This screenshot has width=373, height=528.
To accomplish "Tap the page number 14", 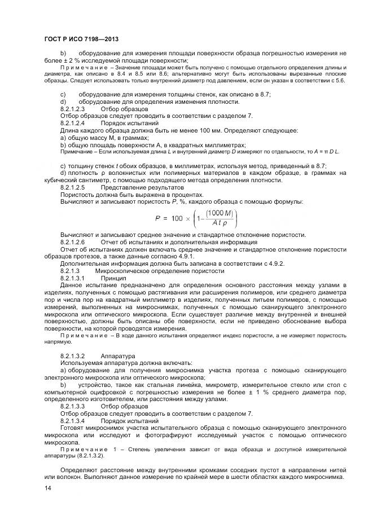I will (47, 494).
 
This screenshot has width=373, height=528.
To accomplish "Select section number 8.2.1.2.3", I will (72, 108).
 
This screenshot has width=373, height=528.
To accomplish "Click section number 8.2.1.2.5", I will (72, 187).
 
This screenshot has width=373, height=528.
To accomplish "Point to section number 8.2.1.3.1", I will (72, 278).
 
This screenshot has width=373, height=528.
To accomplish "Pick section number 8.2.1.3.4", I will (72, 421).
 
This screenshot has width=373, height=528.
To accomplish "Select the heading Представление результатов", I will (142, 187).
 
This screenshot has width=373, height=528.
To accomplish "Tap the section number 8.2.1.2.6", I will (72, 242).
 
